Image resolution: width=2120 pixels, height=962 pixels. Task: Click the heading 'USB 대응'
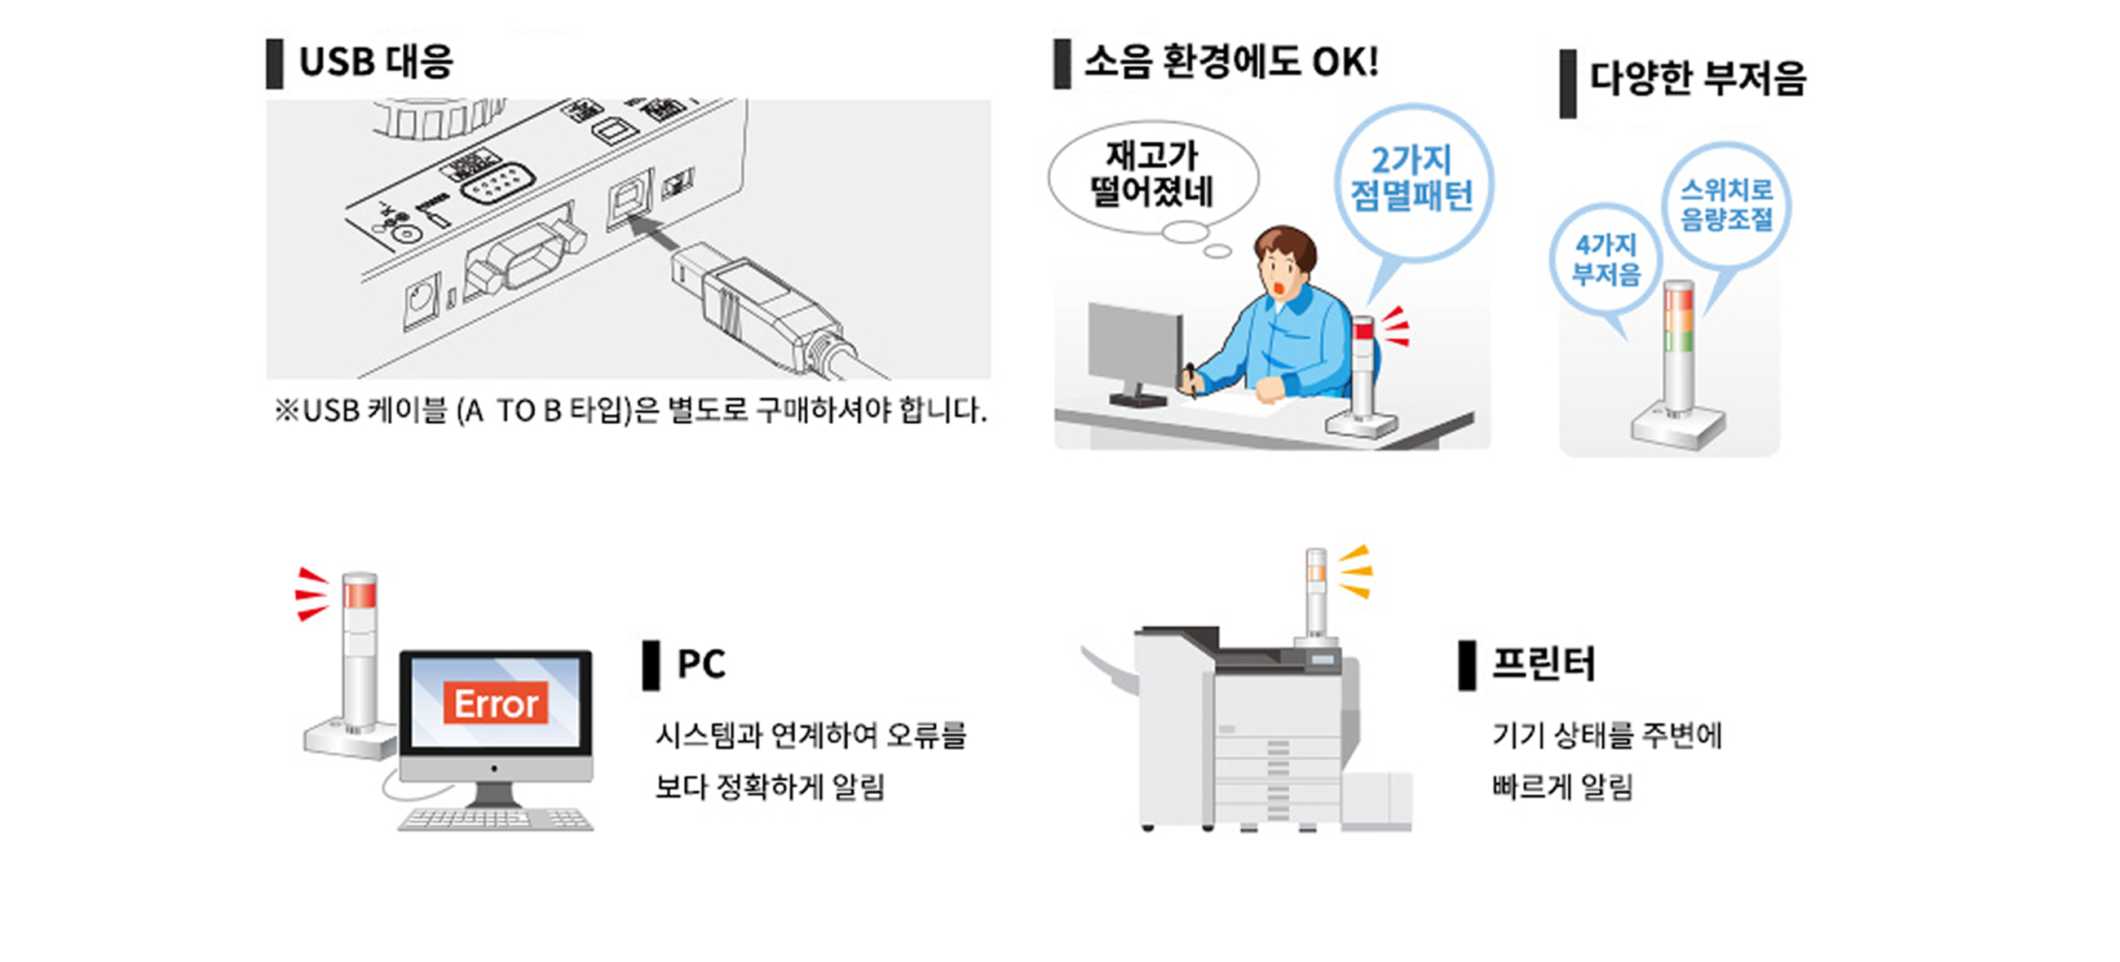(375, 62)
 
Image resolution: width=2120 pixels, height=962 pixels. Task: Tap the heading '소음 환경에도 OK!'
(1230, 62)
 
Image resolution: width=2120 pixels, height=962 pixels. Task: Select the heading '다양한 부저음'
(1697, 79)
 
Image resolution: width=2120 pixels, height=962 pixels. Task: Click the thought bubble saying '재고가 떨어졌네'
(1152, 175)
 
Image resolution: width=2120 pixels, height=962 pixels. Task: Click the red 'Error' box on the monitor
(496, 704)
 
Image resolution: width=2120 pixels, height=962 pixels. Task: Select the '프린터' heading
(1544, 664)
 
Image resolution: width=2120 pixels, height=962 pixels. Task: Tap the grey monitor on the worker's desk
(1134, 346)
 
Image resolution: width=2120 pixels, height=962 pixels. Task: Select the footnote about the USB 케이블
(630, 410)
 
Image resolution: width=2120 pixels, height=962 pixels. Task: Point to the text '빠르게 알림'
(1562, 787)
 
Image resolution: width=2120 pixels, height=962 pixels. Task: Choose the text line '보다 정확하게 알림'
(770, 787)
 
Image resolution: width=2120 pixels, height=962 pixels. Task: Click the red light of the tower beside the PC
(360, 594)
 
